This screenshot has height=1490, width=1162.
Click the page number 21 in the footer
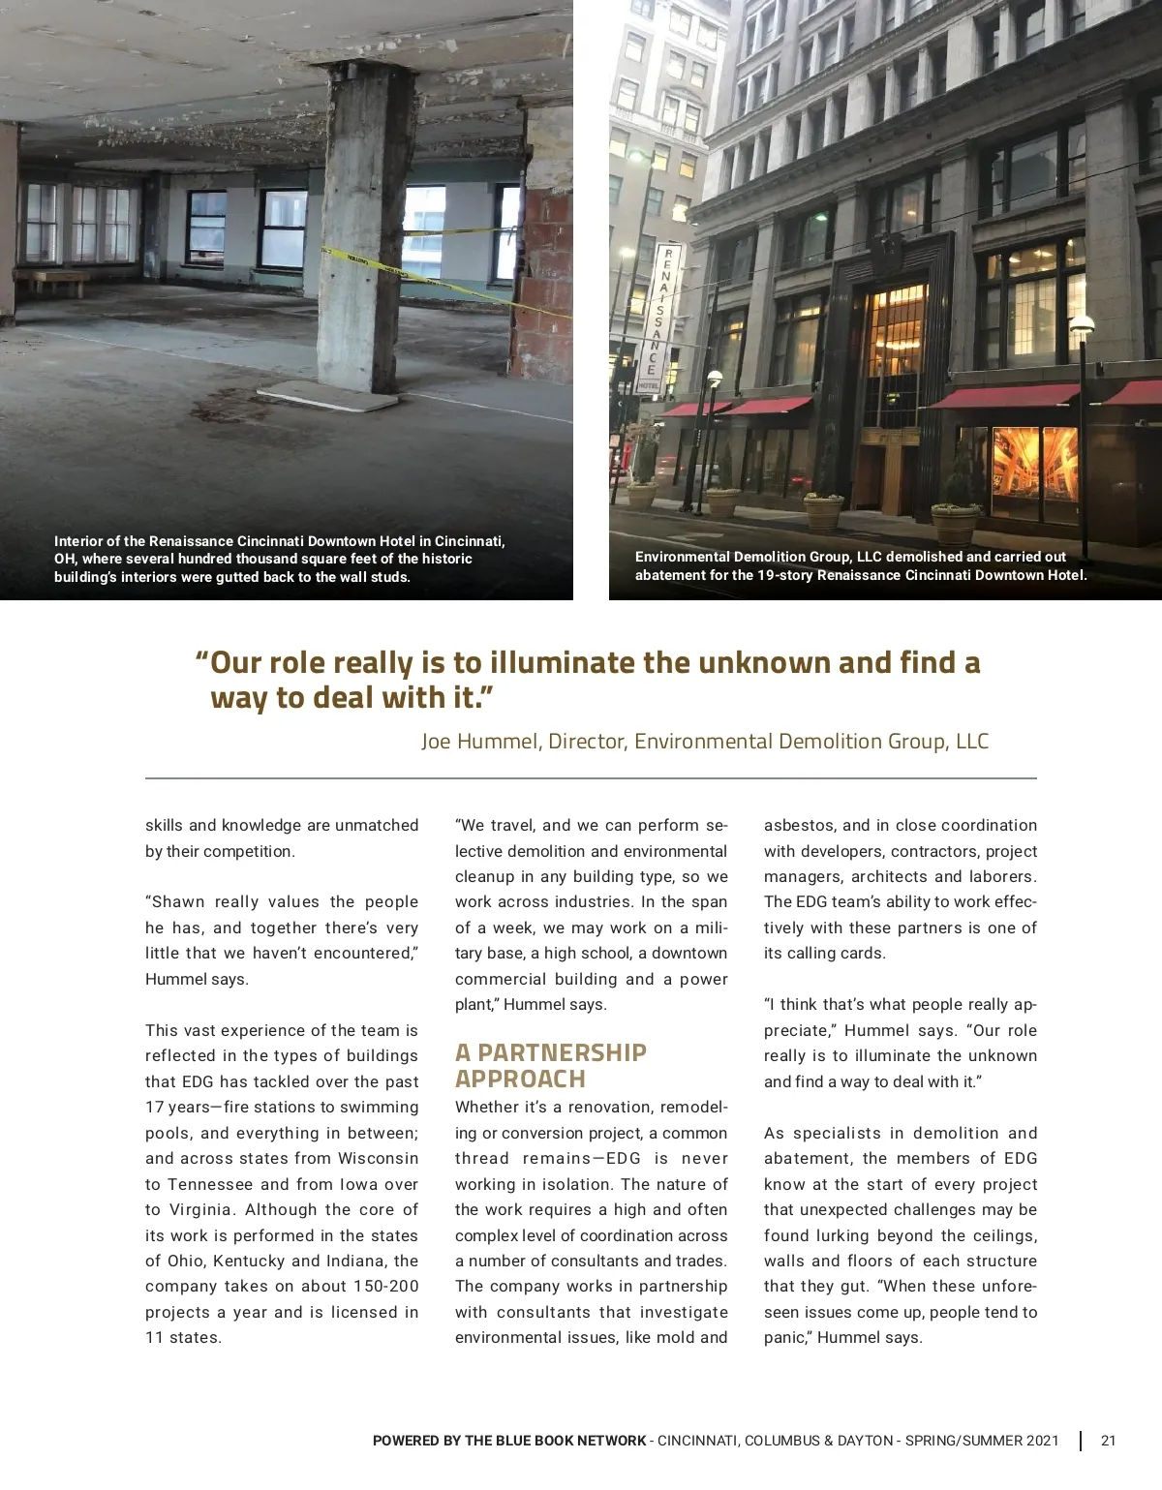(x=1108, y=1441)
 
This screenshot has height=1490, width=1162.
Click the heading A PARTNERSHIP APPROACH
(x=550, y=1066)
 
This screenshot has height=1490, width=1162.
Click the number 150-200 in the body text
(x=386, y=1287)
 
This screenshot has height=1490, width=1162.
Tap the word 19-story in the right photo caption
(x=783, y=575)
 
